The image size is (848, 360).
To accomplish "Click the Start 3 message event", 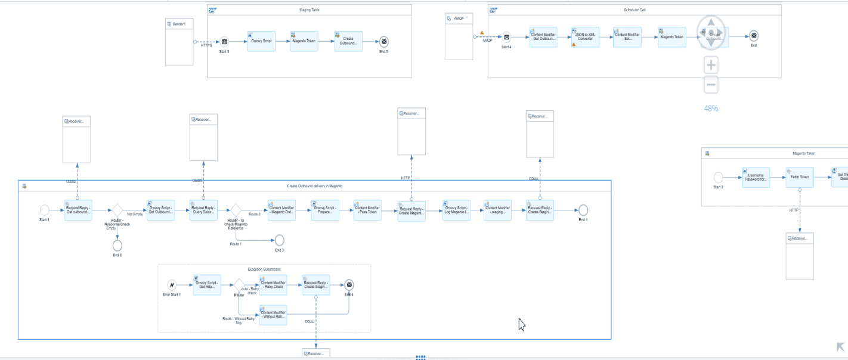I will (224, 42).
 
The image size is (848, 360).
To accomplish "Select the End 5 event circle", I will (383, 42).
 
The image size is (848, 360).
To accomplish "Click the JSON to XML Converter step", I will (584, 37).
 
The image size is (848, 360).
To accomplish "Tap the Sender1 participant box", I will (179, 41).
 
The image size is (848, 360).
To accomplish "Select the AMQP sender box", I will (459, 36).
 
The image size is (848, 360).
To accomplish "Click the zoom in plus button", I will (711, 65).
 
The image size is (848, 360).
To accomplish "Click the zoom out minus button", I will (711, 85).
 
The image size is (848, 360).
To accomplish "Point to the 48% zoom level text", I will (711, 108).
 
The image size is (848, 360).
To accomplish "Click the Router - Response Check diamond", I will (117, 210).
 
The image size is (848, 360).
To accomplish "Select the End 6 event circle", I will (117, 245).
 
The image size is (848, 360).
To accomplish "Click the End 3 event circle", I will (279, 240).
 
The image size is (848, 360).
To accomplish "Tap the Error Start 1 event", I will (172, 285).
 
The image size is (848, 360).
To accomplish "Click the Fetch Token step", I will (799, 178).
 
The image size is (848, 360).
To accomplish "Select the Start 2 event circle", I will (718, 178).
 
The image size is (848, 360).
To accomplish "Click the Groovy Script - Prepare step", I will (325, 210).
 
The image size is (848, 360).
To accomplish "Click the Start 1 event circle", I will (44, 210).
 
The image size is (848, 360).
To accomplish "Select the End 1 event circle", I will (583, 210).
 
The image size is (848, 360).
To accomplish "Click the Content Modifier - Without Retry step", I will (273, 315).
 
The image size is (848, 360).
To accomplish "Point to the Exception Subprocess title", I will (264, 269).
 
